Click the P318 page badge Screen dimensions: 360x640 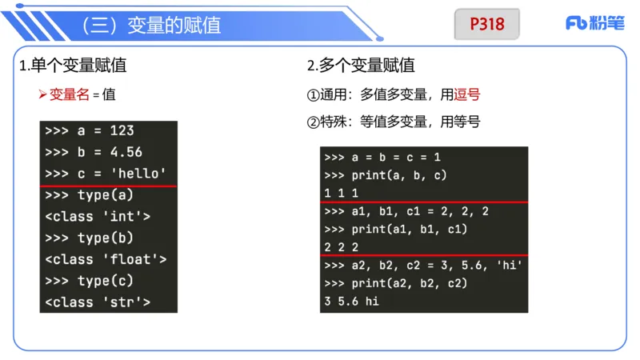coord(486,24)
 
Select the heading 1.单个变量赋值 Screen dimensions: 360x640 coord(73,66)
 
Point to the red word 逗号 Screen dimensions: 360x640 coord(467,94)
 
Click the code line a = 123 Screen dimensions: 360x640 coord(90,130)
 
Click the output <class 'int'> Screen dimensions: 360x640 coord(98,216)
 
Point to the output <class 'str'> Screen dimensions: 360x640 coord(98,302)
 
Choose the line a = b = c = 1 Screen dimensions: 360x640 coord(382,158)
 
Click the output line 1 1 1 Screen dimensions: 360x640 coord(342,193)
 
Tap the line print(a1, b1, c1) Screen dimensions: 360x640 coord(398,230)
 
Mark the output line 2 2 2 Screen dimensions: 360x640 coord(342,247)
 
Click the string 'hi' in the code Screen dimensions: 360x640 coord(509,265)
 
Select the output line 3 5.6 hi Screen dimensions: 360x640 coord(352,302)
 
